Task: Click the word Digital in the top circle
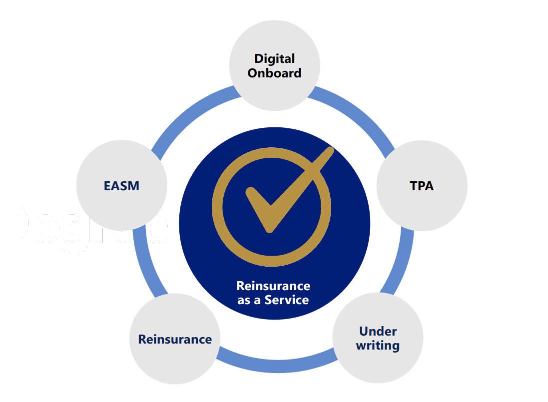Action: (274, 58)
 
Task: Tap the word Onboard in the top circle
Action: (274, 73)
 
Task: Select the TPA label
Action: (422, 186)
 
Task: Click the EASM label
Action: (121, 186)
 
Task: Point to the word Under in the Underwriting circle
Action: (378, 331)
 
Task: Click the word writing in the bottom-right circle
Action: (378, 345)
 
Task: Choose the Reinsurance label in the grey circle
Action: (175, 340)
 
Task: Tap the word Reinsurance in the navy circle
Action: (273, 286)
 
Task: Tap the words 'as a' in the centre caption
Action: (250, 300)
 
